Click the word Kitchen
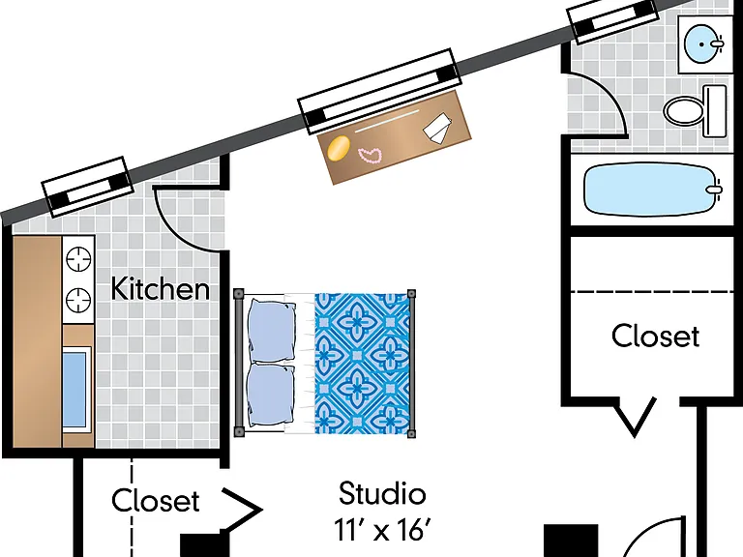pos(161,288)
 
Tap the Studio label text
pos(382,493)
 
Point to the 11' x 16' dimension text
pos(382,529)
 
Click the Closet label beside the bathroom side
pos(655,336)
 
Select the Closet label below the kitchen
pos(156,501)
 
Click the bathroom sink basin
pos(702,44)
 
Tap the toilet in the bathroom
pos(695,111)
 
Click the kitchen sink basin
pos(74,390)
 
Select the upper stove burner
pos(78,259)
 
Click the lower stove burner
pos(78,300)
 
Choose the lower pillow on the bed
pos(272,396)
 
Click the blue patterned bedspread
pos(362,364)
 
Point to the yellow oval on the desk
pos(339,148)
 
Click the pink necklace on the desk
pos(371,156)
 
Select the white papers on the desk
pos(437,127)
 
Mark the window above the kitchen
pos(87,187)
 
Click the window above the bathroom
pos(612,20)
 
